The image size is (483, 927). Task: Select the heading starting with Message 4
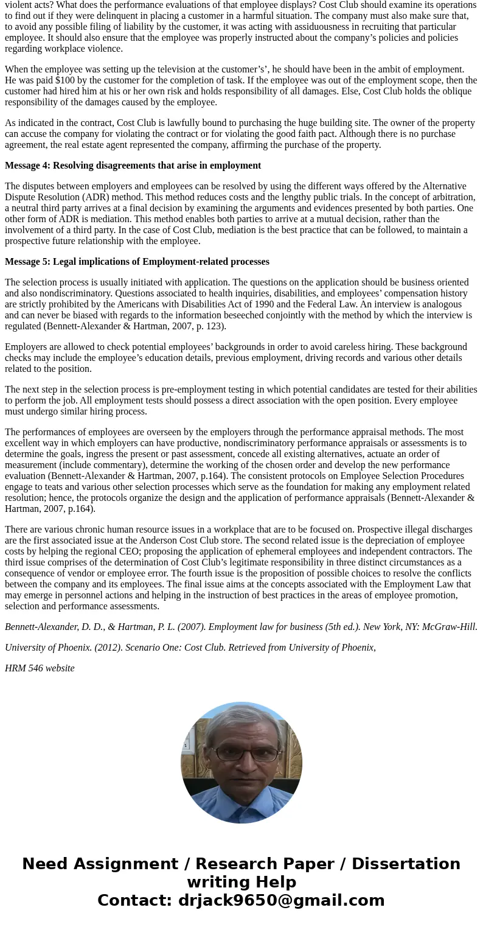pyautogui.click(x=133, y=166)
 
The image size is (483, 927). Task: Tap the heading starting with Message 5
pyautogui.click(x=137, y=262)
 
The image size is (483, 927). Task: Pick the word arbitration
pyautogui.click(x=451, y=197)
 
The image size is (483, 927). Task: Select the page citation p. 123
pyautogui.click(x=208, y=326)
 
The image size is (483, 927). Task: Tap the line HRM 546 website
pyautogui.click(x=40, y=668)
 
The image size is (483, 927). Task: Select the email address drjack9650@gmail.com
pyautogui.click(x=281, y=901)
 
